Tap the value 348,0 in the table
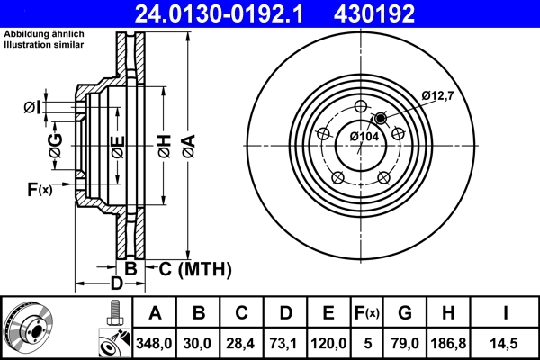pos(155,343)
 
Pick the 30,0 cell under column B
pos(200,343)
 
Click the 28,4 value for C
pos(242,343)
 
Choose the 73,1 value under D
pos(285,343)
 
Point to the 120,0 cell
pos(328,343)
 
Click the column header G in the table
pos(404,313)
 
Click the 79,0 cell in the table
pos(404,343)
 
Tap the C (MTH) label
pos(196,268)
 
